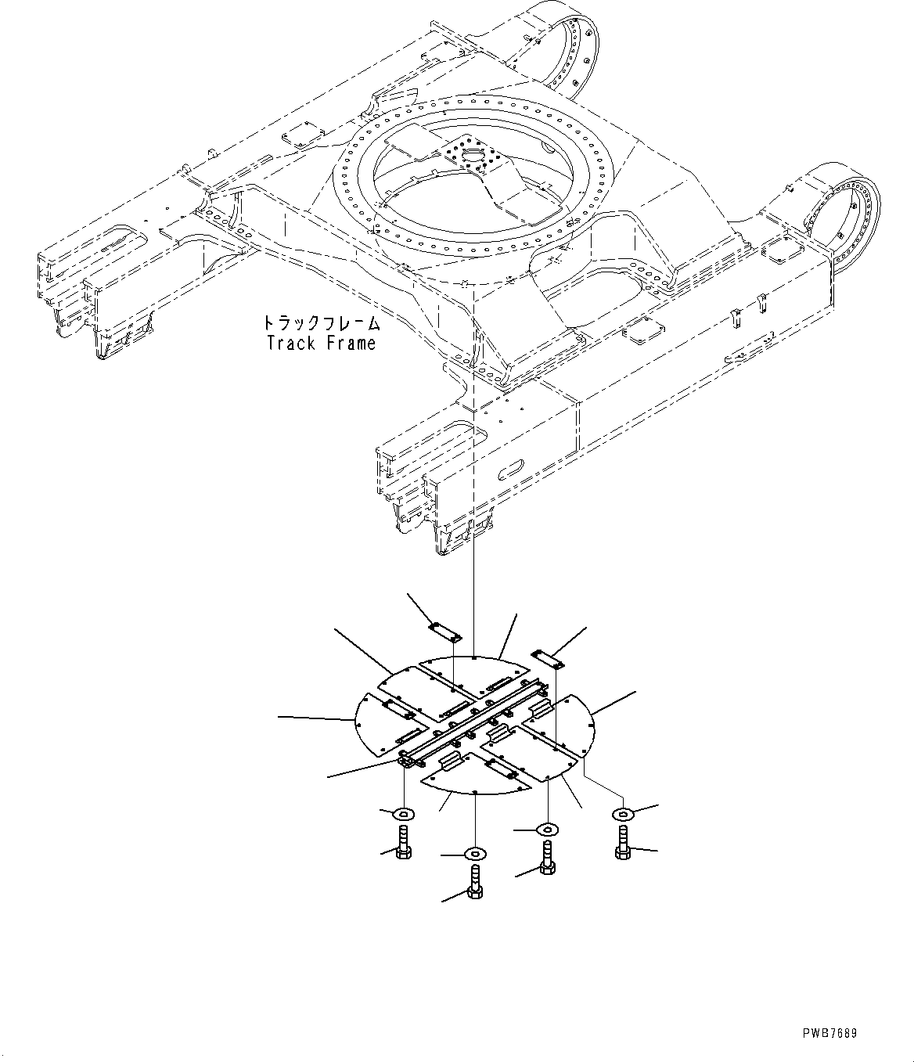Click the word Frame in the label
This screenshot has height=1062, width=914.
click(350, 343)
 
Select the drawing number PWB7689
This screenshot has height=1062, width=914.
click(829, 1034)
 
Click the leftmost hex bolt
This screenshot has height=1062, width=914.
click(403, 846)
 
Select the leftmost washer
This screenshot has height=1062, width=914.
click(404, 814)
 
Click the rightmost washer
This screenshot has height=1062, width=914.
click(622, 815)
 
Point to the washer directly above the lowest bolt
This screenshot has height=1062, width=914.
click(475, 852)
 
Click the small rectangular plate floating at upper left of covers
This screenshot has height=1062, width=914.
click(444, 637)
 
